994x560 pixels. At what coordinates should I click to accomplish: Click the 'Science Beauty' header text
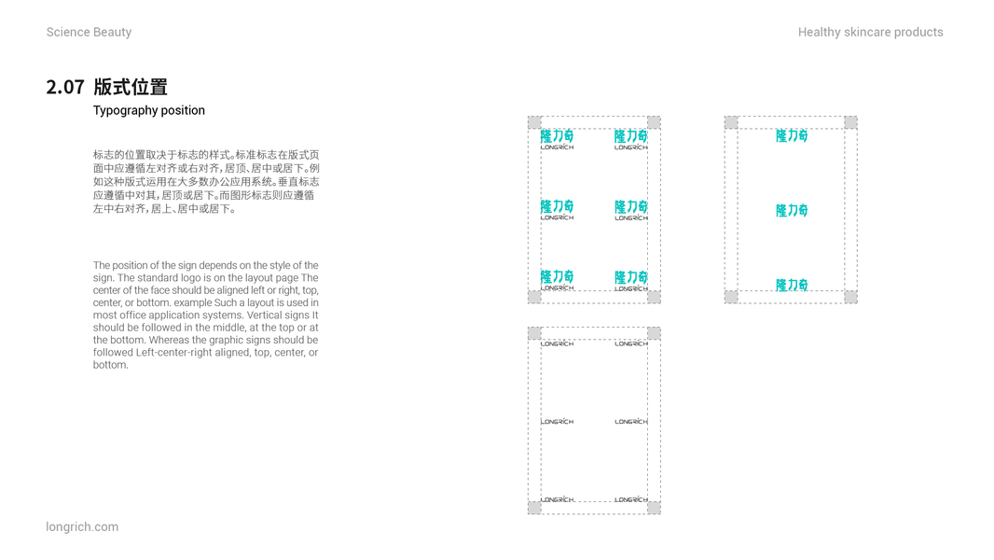pyautogui.click(x=89, y=33)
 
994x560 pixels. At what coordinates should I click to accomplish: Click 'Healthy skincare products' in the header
pyautogui.click(x=870, y=33)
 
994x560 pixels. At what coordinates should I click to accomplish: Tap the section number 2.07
pyautogui.click(x=65, y=88)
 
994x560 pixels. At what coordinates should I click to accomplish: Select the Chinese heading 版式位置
pyautogui.click(x=131, y=88)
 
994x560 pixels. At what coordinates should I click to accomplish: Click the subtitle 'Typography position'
pyautogui.click(x=148, y=110)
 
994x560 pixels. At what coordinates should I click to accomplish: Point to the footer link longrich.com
pyautogui.click(x=82, y=526)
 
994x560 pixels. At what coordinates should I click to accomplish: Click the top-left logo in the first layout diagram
pyautogui.click(x=557, y=139)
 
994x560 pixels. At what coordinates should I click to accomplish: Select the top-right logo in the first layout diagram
pyautogui.click(x=631, y=139)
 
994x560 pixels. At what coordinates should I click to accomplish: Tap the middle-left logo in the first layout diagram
pyautogui.click(x=557, y=209)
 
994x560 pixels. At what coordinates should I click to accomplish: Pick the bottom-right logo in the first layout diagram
pyautogui.click(x=631, y=280)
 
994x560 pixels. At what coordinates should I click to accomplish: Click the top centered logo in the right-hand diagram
pyautogui.click(x=792, y=136)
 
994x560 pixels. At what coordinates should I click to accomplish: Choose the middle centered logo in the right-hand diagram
pyautogui.click(x=792, y=211)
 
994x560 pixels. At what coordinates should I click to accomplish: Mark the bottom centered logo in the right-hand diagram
pyautogui.click(x=792, y=285)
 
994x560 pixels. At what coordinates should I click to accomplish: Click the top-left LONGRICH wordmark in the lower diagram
pyautogui.click(x=557, y=343)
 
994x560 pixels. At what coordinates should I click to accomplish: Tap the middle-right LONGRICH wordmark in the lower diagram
pyautogui.click(x=631, y=422)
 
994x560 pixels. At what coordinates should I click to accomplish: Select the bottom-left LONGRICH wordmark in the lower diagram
pyautogui.click(x=557, y=499)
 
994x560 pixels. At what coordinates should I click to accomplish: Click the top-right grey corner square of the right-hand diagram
pyautogui.click(x=850, y=122)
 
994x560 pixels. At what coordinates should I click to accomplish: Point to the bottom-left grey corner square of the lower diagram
pyautogui.click(x=534, y=508)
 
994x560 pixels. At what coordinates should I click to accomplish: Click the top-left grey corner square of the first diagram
pyautogui.click(x=534, y=122)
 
